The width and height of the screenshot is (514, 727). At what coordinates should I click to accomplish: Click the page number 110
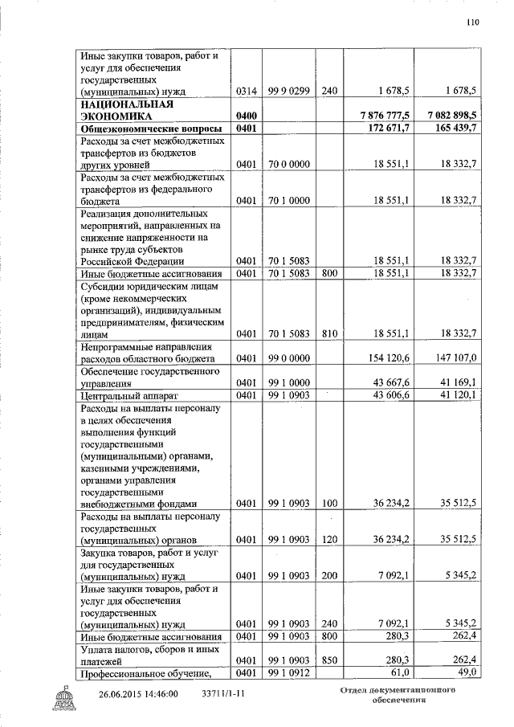472,22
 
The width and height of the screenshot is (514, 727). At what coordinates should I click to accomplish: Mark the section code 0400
247,116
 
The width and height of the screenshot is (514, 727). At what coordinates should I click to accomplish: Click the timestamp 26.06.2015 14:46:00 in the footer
138,693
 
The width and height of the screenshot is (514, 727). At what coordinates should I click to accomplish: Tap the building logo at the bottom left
70,699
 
